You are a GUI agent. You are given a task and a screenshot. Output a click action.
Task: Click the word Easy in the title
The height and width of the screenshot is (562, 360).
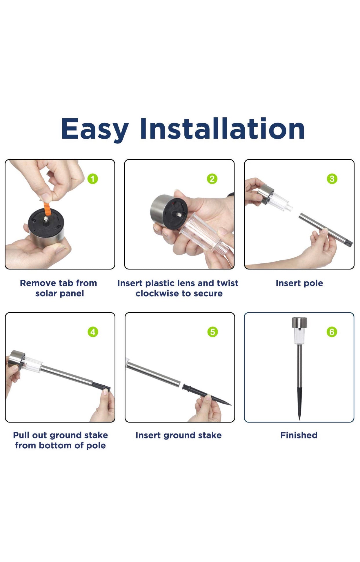click(95, 129)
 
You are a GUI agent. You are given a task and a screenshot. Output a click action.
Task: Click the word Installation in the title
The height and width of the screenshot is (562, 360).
click(222, 128)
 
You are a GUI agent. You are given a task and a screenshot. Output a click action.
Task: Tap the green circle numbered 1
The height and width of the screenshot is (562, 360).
click(93, 179)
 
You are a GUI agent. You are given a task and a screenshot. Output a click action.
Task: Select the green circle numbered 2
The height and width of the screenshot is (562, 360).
click(212, 179)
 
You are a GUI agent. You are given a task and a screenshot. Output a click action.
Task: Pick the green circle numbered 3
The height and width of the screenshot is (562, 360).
click(332, 179)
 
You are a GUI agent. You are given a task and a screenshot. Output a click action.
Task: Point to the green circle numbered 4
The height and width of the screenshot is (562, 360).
click(93, 332)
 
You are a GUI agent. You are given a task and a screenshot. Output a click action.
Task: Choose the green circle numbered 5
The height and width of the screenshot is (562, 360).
click(212, 332)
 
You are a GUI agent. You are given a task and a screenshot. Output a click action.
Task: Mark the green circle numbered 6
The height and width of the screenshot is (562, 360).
click(332, 332)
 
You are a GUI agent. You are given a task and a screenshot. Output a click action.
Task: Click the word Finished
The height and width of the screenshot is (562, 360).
click(299, 435)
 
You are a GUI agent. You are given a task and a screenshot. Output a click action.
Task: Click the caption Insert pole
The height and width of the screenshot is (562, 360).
click(299, 283)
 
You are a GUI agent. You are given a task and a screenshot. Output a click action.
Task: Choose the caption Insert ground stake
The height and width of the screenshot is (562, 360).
click(179, 436)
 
